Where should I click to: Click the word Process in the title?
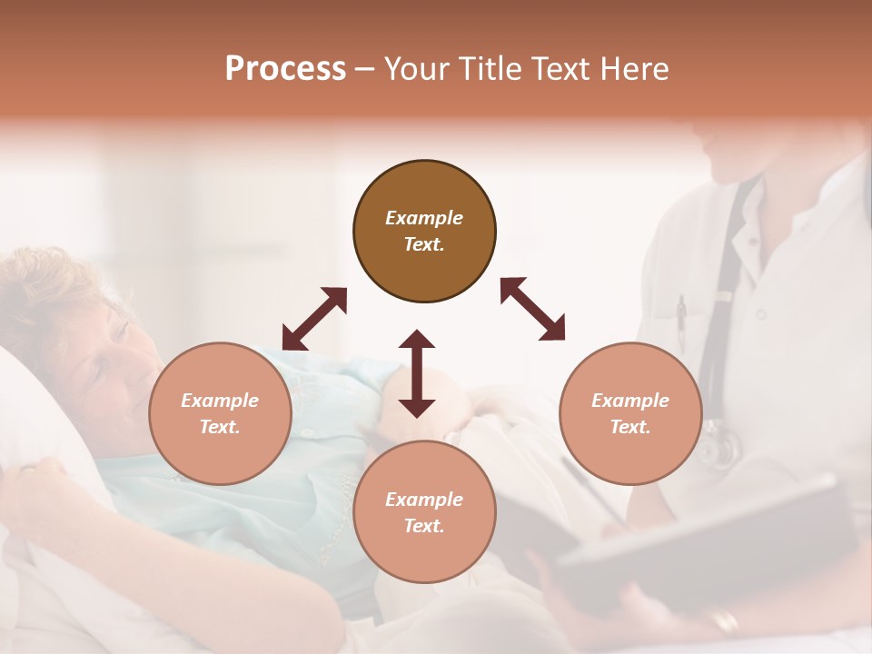(285, 69)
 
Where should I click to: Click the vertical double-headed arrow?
(417, 373)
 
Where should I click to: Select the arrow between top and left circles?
(314, 318)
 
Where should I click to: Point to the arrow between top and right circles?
(532, 309)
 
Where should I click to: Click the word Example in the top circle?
(424, 218)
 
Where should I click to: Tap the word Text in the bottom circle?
(424, 526)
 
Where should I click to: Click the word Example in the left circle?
(220, 401)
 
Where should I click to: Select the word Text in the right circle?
(630, 427)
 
